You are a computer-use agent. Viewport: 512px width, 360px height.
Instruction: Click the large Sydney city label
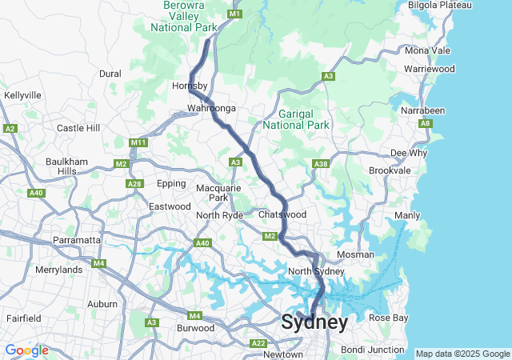(314, 322)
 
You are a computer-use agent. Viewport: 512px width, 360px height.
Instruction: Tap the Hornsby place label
(190, 86)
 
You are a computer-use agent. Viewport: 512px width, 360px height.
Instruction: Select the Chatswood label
(282, 214)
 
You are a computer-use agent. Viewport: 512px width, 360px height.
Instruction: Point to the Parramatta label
(76, 240)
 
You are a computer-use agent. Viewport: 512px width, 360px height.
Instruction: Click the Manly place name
(407, 216)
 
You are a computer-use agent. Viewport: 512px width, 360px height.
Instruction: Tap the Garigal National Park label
(304, 120)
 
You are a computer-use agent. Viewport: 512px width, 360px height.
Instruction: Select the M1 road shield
(234, 14)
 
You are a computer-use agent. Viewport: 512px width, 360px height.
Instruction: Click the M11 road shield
(138, 142)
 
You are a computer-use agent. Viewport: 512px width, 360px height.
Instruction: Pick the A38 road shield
(321, 164)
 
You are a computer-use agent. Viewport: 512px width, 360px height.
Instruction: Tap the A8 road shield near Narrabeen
(426, 123)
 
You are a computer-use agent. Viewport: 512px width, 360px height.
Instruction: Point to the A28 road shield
(134, 184)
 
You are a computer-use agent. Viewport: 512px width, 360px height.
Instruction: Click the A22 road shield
(258, 343)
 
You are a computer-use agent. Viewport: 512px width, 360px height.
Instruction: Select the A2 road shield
(10, 128)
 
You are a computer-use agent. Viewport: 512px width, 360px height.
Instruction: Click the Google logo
(26, 350)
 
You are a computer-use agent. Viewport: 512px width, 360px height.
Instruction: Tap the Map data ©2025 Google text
(462, 354)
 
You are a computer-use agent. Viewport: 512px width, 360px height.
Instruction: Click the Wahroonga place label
(210, 107)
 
